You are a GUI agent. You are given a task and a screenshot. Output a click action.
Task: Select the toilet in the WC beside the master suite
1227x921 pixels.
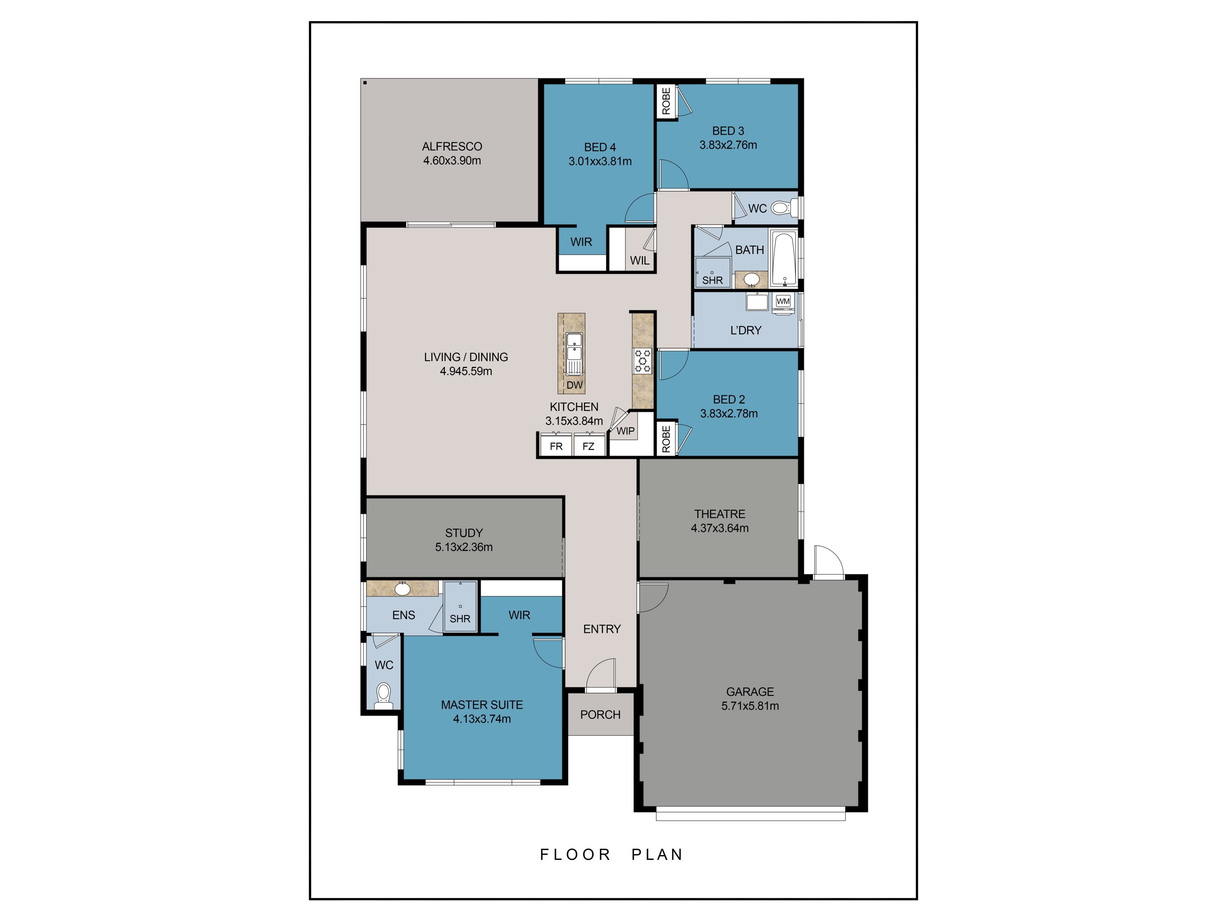click(383, 696)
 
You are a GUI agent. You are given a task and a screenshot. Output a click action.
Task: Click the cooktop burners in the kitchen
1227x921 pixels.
click(643, 361)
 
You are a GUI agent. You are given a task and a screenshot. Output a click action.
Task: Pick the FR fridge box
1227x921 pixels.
click(556, 445)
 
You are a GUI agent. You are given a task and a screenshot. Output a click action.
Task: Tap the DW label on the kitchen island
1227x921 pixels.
click(575, 385)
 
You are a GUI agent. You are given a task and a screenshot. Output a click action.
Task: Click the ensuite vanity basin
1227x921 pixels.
click(403, 588)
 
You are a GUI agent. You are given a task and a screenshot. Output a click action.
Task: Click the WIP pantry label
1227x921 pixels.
click(626, 431)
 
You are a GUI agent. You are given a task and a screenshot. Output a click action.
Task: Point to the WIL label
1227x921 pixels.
click(640, 260)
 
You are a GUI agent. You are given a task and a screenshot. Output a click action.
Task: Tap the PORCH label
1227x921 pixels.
click(600, 714)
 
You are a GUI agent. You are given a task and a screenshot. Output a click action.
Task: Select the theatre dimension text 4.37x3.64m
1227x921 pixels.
click(720, 528)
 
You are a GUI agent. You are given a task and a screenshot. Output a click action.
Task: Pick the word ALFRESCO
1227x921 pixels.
click(452, 146)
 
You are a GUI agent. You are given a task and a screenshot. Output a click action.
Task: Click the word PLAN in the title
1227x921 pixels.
click(657, 854)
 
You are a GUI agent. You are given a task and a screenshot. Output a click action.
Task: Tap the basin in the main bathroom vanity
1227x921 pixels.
click(752, 279)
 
